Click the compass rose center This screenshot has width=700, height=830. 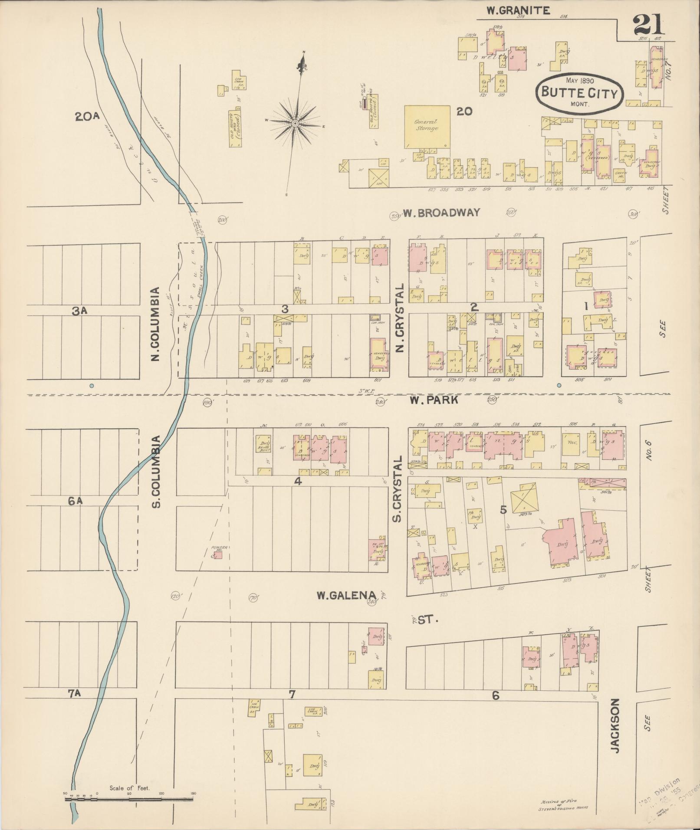click(x=295, y=124)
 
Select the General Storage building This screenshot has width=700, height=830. click(x=427, y=126)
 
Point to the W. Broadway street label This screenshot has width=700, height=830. click(x=442, y=213)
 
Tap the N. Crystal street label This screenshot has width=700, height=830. click(x=400, y=318)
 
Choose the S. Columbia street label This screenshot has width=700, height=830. click(x=157, y=472)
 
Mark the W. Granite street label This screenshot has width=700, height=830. click(x=518, y=11)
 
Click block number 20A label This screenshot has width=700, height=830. click(x=88, y=117)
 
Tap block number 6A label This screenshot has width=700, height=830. click(x=75, y=501)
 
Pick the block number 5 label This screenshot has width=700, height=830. click(x=503, y=510)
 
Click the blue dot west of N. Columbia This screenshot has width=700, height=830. click(x=91, y=385)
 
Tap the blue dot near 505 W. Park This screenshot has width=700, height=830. click(x=559, y=385)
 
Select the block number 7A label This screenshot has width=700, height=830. click(x=75, y=693)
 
